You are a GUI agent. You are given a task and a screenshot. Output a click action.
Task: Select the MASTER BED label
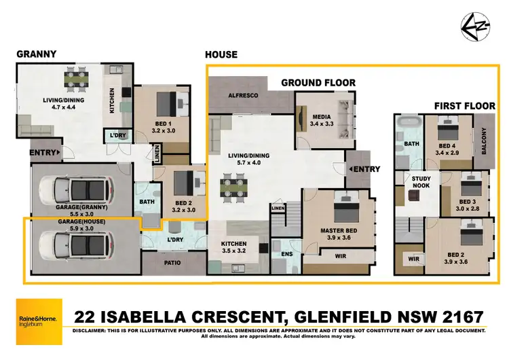pyautogui.click(x=338, y=230)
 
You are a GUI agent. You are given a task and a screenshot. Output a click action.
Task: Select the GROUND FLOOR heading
pyautogui.click(x=318, y=83)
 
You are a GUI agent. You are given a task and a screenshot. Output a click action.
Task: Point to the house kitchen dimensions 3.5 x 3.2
pyautogui.click(x=233, y=252)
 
